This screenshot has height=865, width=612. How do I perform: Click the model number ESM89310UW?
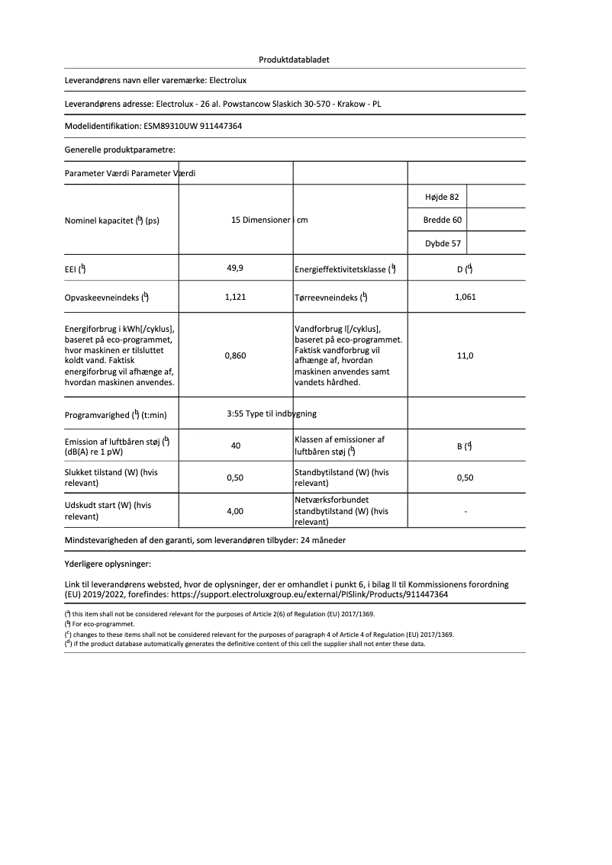pyautogui.click(x=169, y=127)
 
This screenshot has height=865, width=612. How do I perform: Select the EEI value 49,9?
pyautogui.click(x=235, y=269)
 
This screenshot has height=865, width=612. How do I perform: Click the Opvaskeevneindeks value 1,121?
pyautogui.click(x=235, y=297)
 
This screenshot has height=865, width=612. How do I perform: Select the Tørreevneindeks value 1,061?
pyautogui.click(x=465, y=297)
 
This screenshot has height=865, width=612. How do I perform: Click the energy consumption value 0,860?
pyautogui.click(x=235, y=355)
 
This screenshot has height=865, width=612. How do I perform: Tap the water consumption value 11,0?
pyautogui.click(x=465, y=355)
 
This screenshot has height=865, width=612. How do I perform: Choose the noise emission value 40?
pyautogui.click(x=235, y=445)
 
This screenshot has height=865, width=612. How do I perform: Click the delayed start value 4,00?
pyautogui.click(x=235, y=511)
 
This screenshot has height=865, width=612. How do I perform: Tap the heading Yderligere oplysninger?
pyautogui.click(x=108, y=564)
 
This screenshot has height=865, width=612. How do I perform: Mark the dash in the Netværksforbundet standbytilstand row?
pyautogui.click(x=465, y=511)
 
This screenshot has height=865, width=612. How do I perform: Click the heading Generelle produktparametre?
pyautogui.click(x=120, y=150)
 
